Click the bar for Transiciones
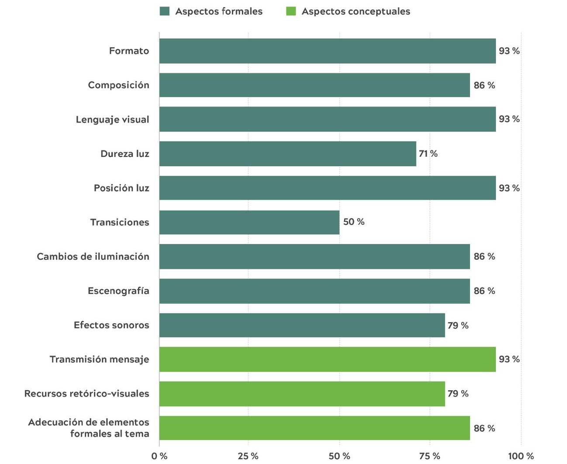click(x=249, y=222)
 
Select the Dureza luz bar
click(x=287, y=154)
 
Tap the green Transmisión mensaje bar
click(x=327, y=359)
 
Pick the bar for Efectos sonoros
click(x=302, y=325)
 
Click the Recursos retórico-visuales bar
click(x=302, y=394)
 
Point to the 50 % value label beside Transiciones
click(x=353, y=222)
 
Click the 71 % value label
click(x=428, y=154)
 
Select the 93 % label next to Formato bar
click(x=509, y=51)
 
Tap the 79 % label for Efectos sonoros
click(x=457, y=325)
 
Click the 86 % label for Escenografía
click(x=484, y=291)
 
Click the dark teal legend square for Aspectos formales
click(x=165, y=11)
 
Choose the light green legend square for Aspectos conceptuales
click(x=291, y=11)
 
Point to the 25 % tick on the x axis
click(x=248, y=456)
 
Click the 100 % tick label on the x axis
click(x=521, y=456)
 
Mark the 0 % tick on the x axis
click(x=159, y=456)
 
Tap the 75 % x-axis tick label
click(x=430, y=456)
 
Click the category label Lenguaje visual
click(x=112, y=120)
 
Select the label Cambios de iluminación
click(x=93, y=257)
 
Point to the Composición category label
click(x=118, y=85)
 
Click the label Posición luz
click(x=121, y=188)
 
